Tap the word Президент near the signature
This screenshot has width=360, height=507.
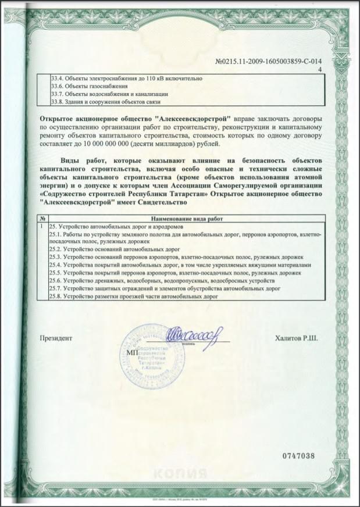[x=56, y=337]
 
